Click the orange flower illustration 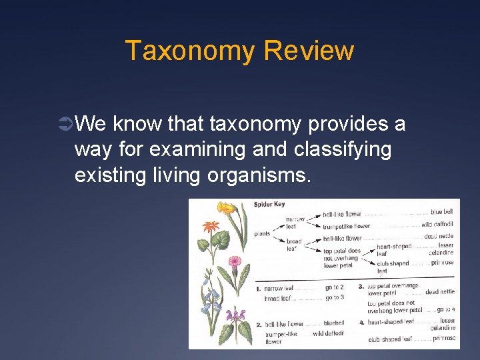pos(213,225)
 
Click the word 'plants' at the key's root pos(262,234)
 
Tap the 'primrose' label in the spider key pos(442,263)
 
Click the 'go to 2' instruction pos(334,288)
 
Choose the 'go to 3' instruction pos(334,297)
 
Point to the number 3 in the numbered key pos(361,286)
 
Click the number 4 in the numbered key pos(361,322)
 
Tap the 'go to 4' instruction pos(445,309)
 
